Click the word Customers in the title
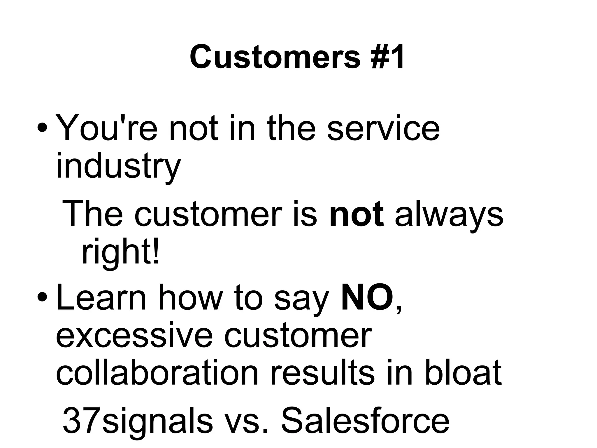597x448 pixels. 275,57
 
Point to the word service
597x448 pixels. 383,129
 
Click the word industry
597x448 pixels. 118,166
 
